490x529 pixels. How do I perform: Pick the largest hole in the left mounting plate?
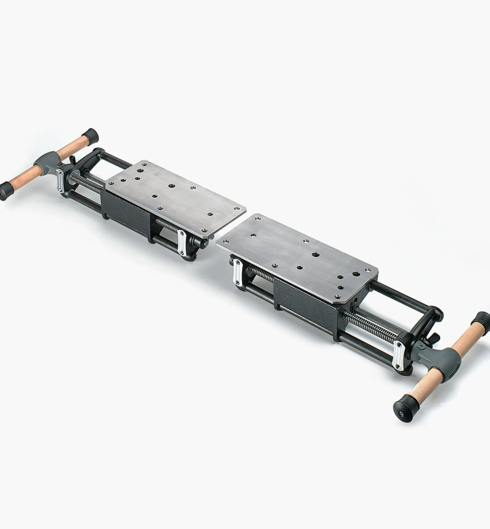click(171, 186)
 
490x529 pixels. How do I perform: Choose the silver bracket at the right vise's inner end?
click(237, 271)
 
